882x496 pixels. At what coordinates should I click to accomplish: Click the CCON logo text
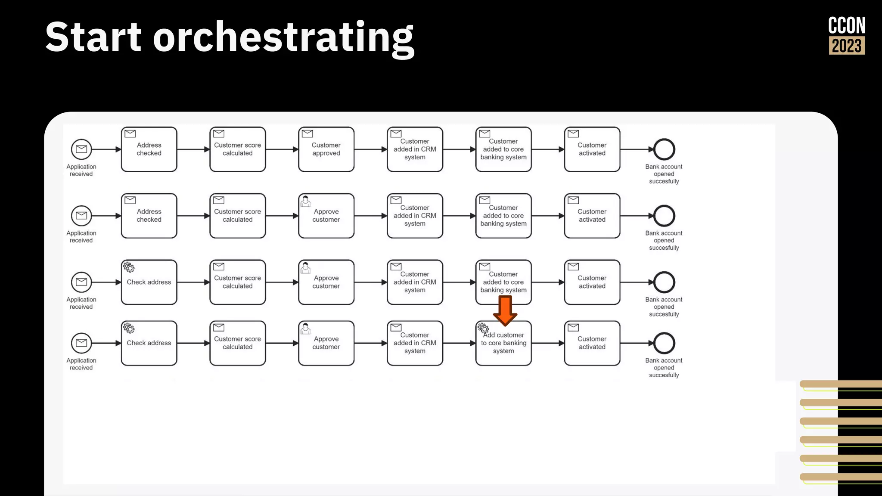click(x=846, y=26)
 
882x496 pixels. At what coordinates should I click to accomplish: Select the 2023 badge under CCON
click(x=846, y=46)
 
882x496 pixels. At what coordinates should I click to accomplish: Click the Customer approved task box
click(x=326, y=149)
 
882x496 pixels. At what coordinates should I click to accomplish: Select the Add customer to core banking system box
click(x=503, y=343)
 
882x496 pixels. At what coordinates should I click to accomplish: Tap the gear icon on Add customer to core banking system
click(x=483, y=328)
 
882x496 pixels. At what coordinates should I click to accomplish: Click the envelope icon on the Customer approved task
click(x=307, y=133)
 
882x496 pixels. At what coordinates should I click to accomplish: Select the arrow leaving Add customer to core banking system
click(x=547, y=343)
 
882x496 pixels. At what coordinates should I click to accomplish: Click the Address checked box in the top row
click(x=149, y=149)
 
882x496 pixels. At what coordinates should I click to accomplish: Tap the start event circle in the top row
click(x=81, y=149)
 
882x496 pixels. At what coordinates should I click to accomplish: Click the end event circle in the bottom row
click(x=664, y=343)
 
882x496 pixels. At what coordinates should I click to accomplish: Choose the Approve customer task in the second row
click(x=326, y=216)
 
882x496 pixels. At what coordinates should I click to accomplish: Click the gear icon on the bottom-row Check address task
click(x=129, y=328)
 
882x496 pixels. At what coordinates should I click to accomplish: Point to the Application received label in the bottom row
click(x=81, y=364)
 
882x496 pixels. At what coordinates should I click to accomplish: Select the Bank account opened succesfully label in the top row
click(x=664, y=174)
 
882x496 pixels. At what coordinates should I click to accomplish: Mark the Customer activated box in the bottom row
click(x=592, y=343)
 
